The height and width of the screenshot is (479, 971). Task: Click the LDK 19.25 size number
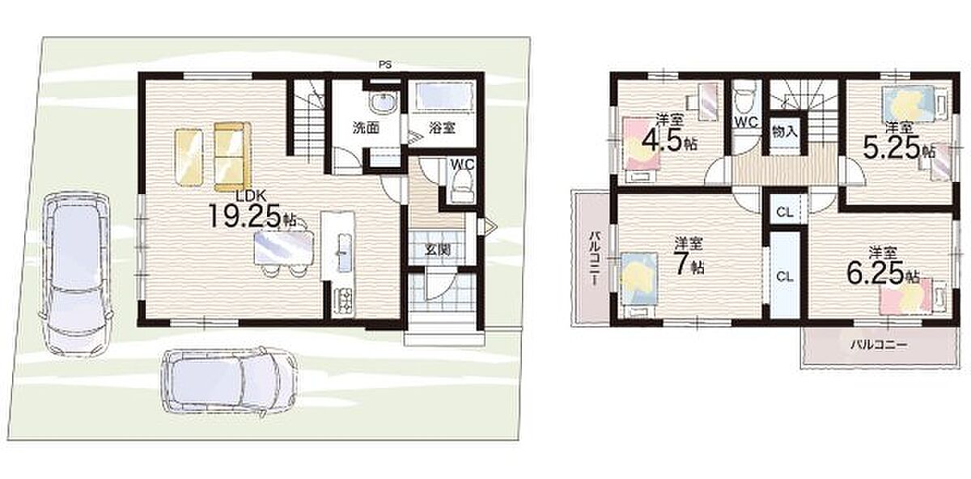246,216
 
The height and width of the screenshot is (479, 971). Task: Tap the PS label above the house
385,65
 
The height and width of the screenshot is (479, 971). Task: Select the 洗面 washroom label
367,128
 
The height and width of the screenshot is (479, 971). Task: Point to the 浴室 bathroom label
442,128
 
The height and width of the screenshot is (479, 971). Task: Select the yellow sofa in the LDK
233,156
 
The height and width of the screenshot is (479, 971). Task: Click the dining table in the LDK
283,247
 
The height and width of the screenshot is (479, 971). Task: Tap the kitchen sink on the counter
343,252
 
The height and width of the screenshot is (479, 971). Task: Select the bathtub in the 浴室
442,96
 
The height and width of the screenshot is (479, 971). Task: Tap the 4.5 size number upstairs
661,141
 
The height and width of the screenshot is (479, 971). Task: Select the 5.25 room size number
891,147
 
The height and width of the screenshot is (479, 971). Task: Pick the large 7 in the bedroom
683,263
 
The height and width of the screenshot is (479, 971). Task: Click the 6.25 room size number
876,273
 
